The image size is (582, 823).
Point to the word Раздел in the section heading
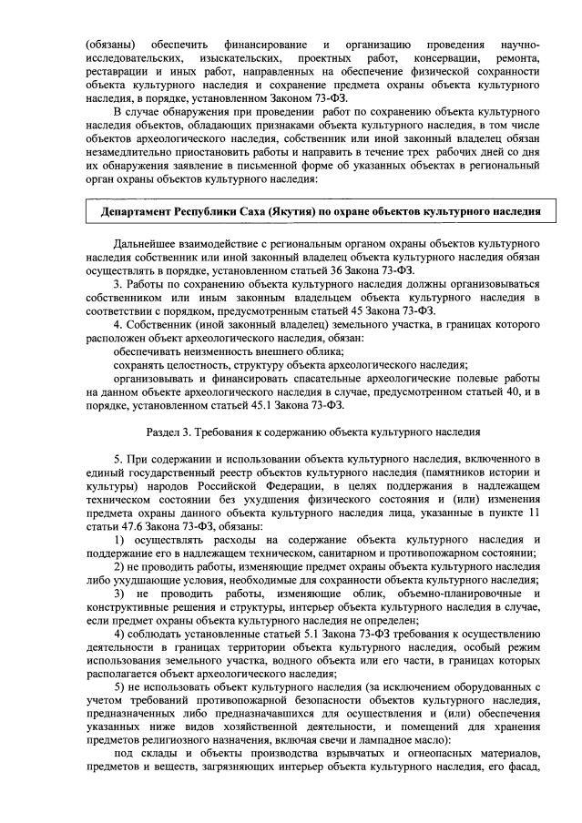(165, 431)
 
